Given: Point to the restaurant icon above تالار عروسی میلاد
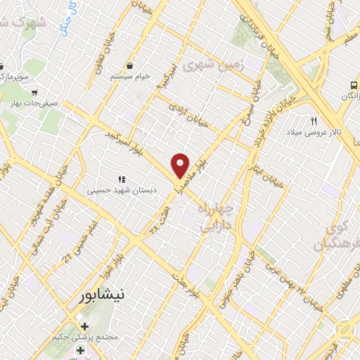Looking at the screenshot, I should (315, 120).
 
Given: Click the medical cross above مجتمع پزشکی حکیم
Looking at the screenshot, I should (84, 327).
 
